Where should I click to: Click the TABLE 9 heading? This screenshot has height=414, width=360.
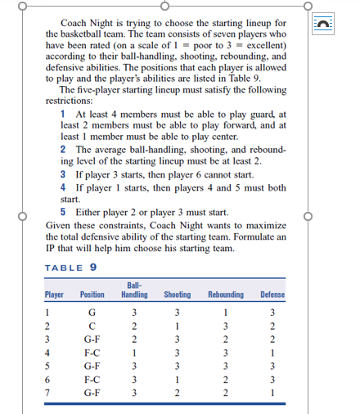(x=71, y=268)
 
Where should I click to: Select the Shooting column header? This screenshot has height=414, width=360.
(x=177, y=295)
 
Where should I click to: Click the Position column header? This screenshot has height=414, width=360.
(x=92, y=295)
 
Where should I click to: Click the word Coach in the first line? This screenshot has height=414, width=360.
(x=76, y=25)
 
